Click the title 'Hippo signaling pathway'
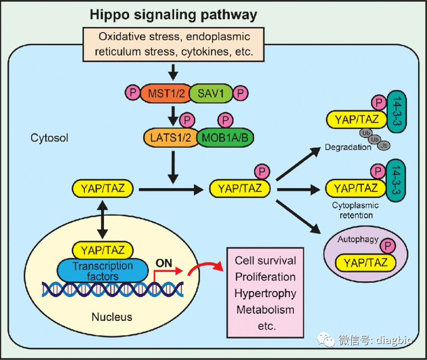coord(173,14)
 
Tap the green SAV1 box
coord(209,93)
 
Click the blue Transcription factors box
coord(103,271)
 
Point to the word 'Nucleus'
coord(112,317)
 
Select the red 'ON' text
coord(164,263)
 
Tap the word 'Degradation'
coord(348,147)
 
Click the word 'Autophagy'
coord(358,239)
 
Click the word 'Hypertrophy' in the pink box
coord(266,293)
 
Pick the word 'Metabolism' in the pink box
coord(265,309)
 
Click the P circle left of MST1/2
coord(133,93)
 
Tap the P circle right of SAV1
coord(242,93)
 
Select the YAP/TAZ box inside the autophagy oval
coord(366,262)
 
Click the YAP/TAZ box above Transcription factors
coord(103,250)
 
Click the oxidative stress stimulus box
coord(174,44)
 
